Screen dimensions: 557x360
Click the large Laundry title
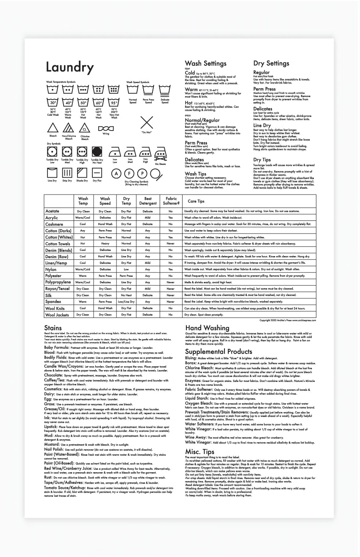click(x=69, y=67)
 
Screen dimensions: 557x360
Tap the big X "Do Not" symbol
click(x=147, y=123)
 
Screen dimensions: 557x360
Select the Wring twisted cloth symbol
click(x=106, y=128)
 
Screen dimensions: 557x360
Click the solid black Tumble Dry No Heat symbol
click(x=97, y=152)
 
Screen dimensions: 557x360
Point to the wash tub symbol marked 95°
click(x=114, y=103)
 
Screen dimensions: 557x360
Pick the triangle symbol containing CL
click(x=85, y=128)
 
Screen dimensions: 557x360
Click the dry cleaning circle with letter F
click(x=129, y=173)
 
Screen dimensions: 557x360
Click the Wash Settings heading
click(x=205, y=64)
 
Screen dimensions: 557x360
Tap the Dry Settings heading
click(x=271, y=64)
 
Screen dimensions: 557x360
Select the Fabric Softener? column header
click(x=171, y=201)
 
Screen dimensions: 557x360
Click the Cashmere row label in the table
click(x=54, y=224)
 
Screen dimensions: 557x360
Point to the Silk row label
click(x=49, y=295)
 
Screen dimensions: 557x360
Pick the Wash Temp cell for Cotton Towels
click(x=83, y=244)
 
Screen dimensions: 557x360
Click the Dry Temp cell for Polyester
click(x=126, y=276)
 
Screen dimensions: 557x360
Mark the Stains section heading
click(x=53, y=328)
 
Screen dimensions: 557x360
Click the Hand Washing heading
click(x=207, y=328)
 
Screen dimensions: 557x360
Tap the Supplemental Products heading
click(x=219, y=351)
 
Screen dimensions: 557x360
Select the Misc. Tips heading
click(x=199, y=452)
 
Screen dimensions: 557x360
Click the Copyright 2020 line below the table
click(x=288, y=320)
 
